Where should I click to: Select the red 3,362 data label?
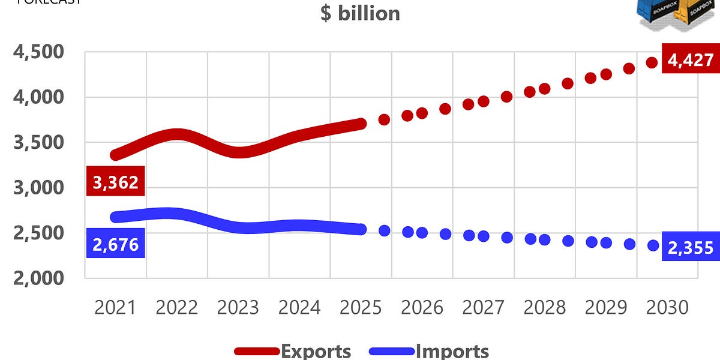(116, 182)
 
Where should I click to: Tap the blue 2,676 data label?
(116, 244)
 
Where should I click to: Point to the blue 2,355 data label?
(690, 248)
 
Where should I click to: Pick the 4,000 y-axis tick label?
(38, 97)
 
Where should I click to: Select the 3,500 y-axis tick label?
(38, 143)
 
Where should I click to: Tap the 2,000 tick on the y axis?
(38, 278)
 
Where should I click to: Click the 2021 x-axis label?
(115, 308)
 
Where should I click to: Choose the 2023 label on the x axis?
(238, 308)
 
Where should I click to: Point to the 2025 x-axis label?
(361, 308)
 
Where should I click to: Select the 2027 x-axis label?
(484, 308)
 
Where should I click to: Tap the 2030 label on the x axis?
(667, 308)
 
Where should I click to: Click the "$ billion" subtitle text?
(360, 13)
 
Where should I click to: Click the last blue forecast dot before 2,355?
(653, 245)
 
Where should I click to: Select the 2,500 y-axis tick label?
(38, 233)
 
